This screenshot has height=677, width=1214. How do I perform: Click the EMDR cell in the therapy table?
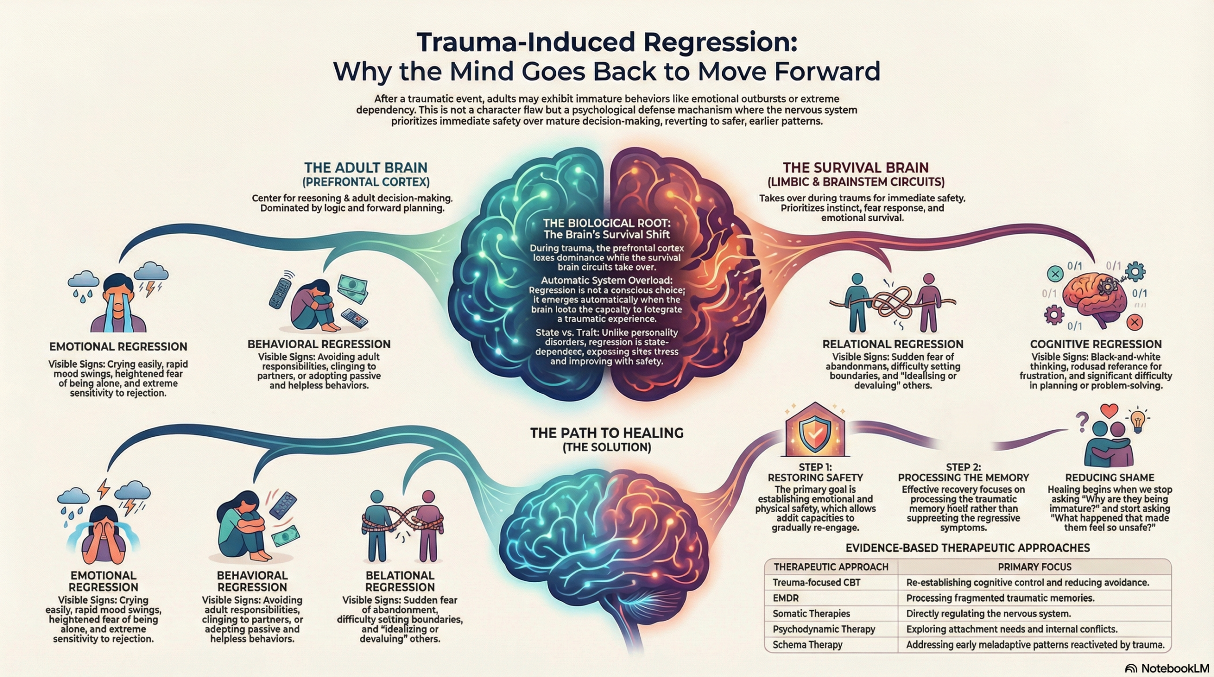coord(785,598)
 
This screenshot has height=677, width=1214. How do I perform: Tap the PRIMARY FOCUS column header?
coord(1034,567)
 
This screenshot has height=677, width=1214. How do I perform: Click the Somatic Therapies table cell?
coord(811,614)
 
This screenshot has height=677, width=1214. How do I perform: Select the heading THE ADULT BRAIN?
coord(366,168)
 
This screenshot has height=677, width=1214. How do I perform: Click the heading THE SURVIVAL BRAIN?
coord(855,168)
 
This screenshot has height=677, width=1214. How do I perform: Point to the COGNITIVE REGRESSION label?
coord(1096,344)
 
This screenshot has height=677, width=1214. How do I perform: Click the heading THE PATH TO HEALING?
coord(607,433)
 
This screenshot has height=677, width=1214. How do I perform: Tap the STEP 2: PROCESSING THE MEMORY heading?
coord(963,472)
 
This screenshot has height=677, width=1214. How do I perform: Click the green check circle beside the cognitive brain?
coord(1055,273)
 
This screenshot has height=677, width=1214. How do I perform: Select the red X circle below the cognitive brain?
coord(1134,323)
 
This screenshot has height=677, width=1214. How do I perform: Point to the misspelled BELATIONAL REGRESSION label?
coord(400,581)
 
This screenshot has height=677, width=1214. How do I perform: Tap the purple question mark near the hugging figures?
coord(1082,421)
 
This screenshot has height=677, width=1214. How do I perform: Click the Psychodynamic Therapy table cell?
coord(824,629)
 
